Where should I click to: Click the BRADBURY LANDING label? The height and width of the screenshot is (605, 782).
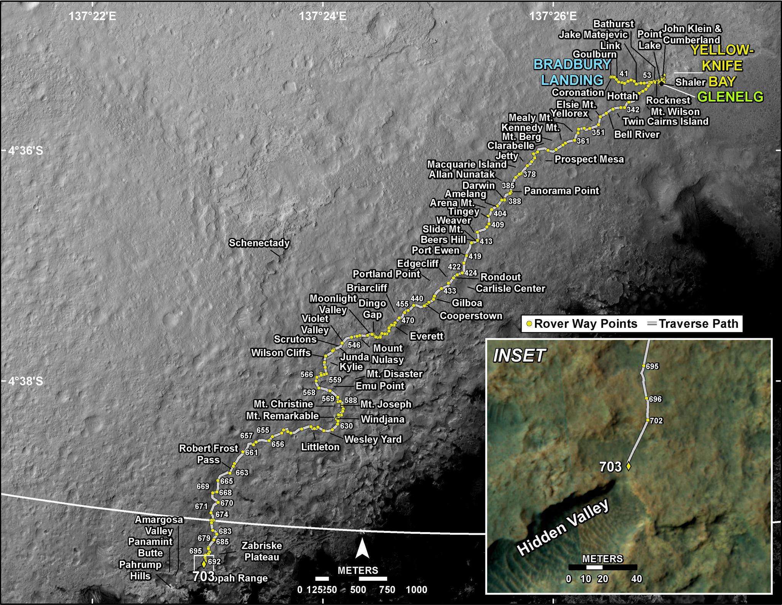[x=572, y=72]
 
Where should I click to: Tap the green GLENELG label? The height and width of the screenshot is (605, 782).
[x=730, y=97]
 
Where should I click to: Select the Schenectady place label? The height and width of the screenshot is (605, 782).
[x=259, y=243]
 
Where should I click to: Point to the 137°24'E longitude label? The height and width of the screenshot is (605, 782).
[x=322, y=16]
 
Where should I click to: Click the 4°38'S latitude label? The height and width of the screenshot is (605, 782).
[x=26, y=381]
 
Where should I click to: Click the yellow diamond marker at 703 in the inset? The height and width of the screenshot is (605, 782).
[x=628, y=466]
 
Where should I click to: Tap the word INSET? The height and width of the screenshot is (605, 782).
[x=519, y=356]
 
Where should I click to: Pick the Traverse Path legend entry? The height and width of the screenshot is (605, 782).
[x=693, y=324]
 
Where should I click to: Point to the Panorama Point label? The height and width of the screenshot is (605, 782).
[x=561, y=191]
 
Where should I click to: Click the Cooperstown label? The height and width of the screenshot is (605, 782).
[x=471, y=316]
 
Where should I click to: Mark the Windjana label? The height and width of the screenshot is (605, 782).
[x=383, y=419]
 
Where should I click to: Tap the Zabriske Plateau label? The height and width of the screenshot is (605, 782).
[x=262, y=551]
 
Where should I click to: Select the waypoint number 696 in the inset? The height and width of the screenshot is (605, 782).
[x=655, y=399]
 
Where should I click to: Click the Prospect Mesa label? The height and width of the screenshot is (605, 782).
[x=589, y=159]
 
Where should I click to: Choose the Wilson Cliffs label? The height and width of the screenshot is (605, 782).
[x=281, y=353]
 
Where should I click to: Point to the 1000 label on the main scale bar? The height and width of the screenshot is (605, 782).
[x=416, y=590]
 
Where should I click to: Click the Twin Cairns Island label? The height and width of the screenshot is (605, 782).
[x=665, y=122]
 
